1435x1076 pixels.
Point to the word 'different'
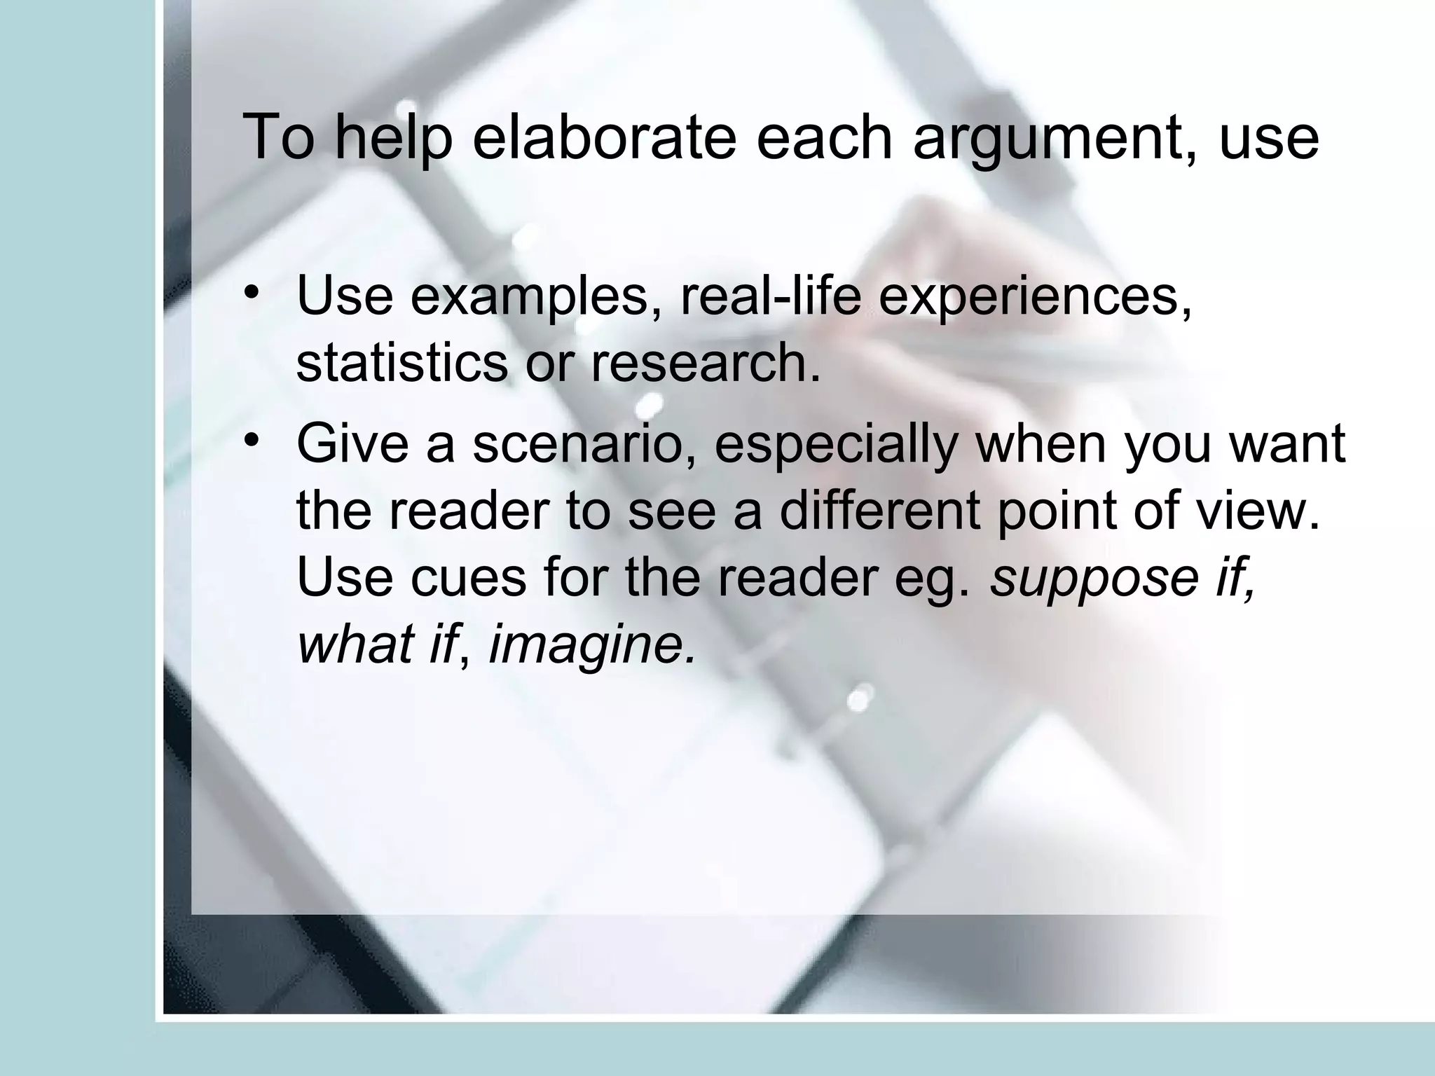[x=879, y=511]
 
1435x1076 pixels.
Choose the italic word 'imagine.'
[x=593, y=645]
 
